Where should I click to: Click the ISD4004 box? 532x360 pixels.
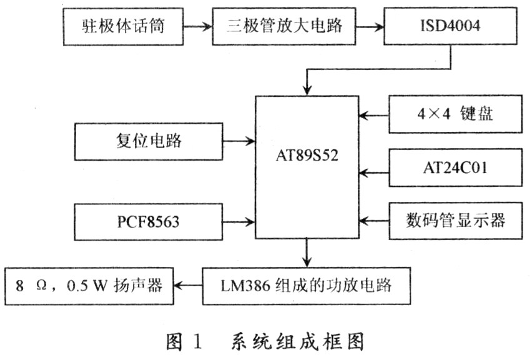click(x=450, y=26)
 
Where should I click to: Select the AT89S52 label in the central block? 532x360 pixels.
click(x=307, y=156)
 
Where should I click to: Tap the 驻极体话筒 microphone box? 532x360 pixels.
click(x=123, y=26)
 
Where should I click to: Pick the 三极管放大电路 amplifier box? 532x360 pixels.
click(x=284, y=26)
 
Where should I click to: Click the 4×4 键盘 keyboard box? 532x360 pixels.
click(x=455, y=114)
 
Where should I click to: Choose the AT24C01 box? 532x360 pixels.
click(x=455, y=167)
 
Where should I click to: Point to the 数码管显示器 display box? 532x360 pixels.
click(x=455, y=221)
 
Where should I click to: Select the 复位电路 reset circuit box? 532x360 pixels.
click(x=149, y=141)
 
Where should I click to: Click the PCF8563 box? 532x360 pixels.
click(x=148, y=222)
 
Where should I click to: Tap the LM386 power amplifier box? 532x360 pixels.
click(x=307, y=286)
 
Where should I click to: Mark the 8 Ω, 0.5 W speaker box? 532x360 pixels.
click(x=89, y=286)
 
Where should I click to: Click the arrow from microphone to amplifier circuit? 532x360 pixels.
click(x=198, y=26)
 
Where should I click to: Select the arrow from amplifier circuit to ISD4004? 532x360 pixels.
click(x=370, y=26)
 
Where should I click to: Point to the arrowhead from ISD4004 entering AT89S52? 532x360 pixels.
click(x=307, y=90)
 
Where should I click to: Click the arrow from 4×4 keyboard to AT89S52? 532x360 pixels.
click(x=373, y=116)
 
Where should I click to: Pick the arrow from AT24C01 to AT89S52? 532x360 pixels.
click(x=373, y=173)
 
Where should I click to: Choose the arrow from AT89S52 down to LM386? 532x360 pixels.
click(x=307, y=252)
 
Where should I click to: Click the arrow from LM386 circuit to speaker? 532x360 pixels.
click(x=189, y=286)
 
